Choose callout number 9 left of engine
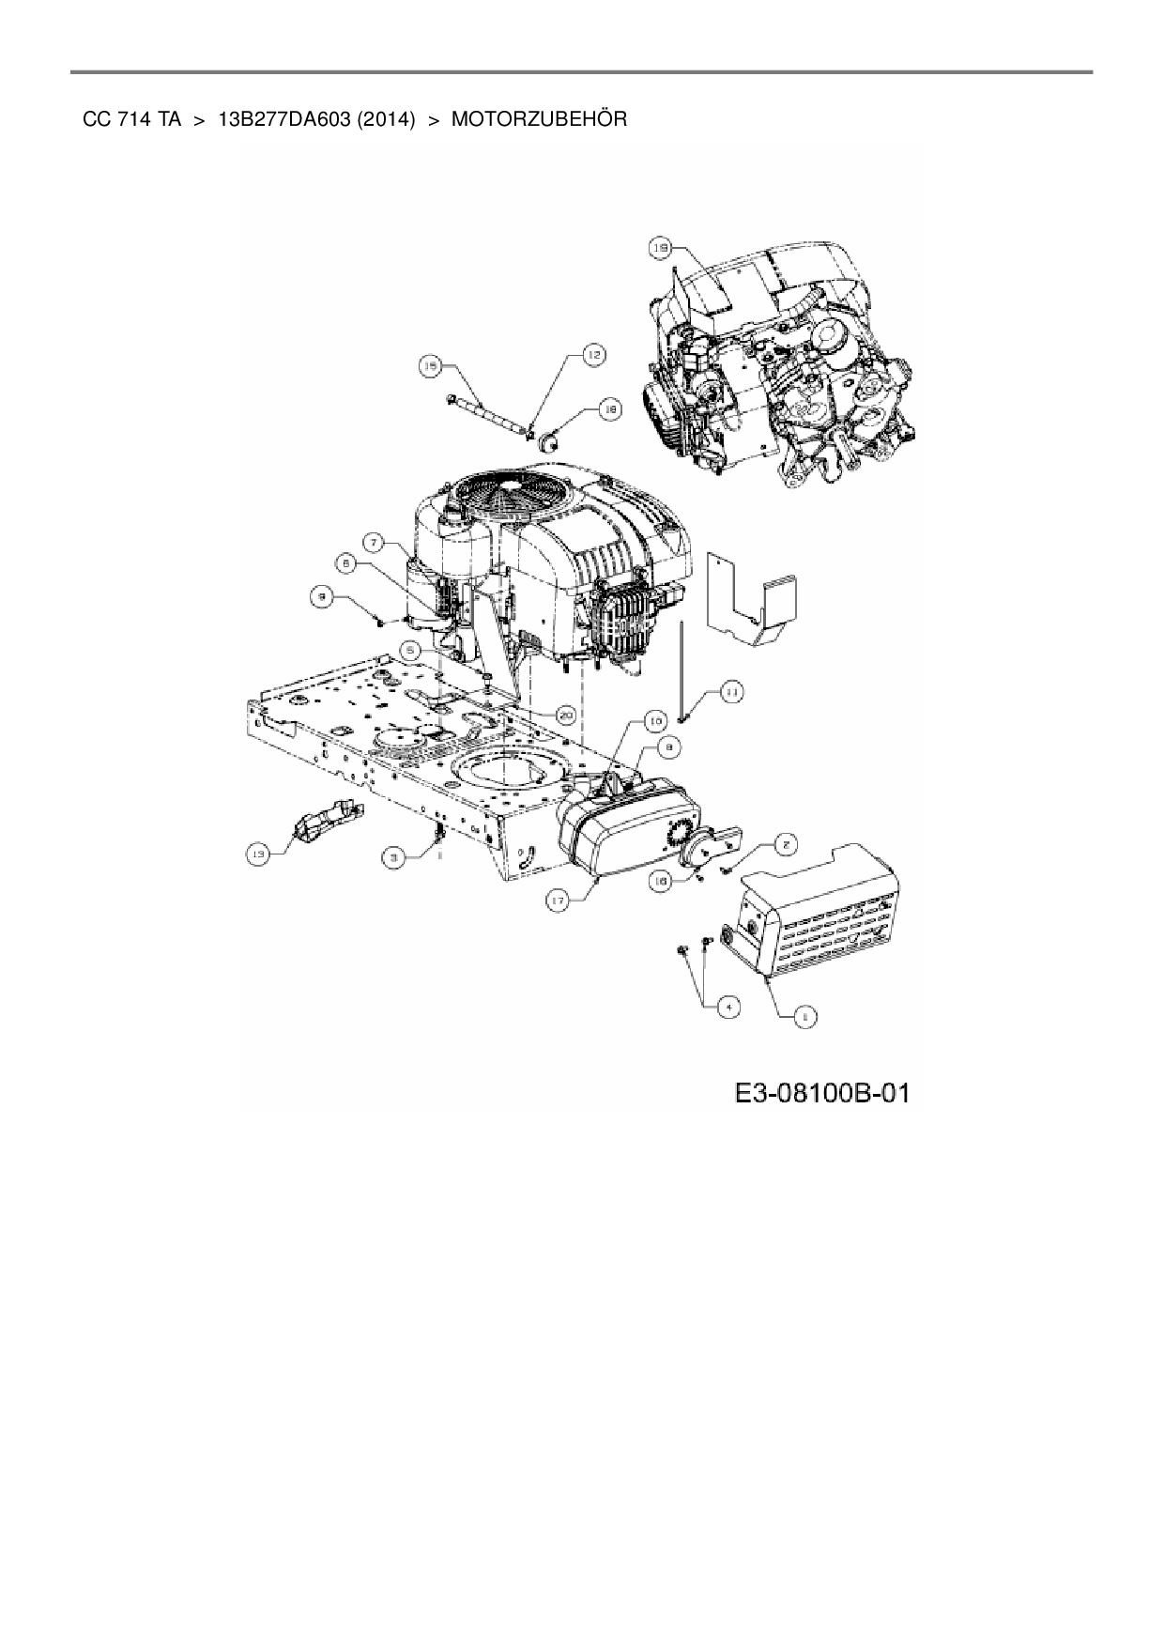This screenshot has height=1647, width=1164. click(323, 594)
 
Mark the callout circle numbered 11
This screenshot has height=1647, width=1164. click(730, 692)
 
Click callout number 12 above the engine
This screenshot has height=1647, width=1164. click(594, 355)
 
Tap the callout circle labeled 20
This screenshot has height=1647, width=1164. click(564, 715)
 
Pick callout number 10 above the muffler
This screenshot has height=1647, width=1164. click(655, 720)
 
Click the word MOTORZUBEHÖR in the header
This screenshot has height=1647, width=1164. click(539, 120)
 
